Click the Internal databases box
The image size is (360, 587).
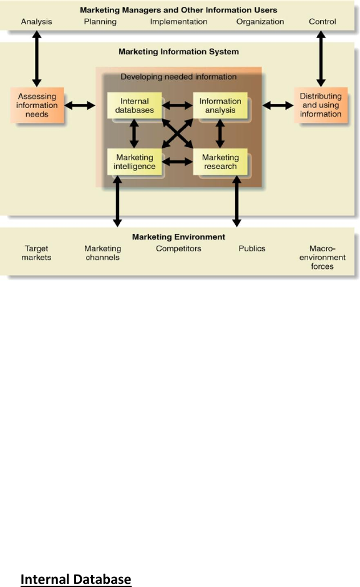[135, 105]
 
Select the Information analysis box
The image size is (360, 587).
[220, 105]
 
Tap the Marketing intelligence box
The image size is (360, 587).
[135, 162]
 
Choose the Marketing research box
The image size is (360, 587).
[220, 162]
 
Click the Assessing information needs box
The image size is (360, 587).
[37, 105]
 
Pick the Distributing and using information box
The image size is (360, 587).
[321, 105]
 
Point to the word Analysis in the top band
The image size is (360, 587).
[36, 22]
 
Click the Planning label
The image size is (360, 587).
[100, 22]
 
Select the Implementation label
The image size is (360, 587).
[178, 22]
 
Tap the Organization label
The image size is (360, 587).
[260, 22]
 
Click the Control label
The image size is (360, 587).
[322, 22]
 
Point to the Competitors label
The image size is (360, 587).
[178, 248]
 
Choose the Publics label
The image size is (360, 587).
[251, 248]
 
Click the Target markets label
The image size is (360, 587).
[36, 253]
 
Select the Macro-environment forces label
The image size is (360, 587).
[322, 258]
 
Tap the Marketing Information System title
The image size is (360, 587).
[178, 52]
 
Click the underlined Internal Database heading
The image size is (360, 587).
[75, 579]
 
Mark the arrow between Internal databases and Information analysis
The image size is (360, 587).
[178, 105]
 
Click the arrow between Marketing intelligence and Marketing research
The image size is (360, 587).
[178, 162]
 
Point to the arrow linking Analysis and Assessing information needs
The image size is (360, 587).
[37, 59]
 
